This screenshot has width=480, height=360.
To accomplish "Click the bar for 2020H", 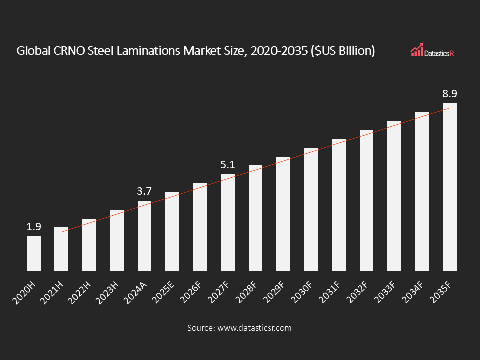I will point(34,253).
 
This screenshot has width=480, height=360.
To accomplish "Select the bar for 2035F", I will point(450,187).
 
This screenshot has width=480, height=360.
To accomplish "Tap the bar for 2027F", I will point(228,222).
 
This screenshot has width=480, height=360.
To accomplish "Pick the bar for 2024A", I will point(144,236).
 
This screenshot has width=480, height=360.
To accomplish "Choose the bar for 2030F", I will point(311,209).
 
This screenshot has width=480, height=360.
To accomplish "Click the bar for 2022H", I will point(89,245).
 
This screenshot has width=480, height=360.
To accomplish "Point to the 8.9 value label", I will point(450,94).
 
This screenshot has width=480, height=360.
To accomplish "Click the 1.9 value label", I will point(34,227).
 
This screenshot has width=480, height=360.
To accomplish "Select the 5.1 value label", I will point(228,164).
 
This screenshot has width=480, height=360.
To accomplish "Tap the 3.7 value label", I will point(144,191).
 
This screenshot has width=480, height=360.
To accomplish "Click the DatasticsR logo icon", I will point(417,49).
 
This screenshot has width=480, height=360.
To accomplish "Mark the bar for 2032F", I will point(366,200).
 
